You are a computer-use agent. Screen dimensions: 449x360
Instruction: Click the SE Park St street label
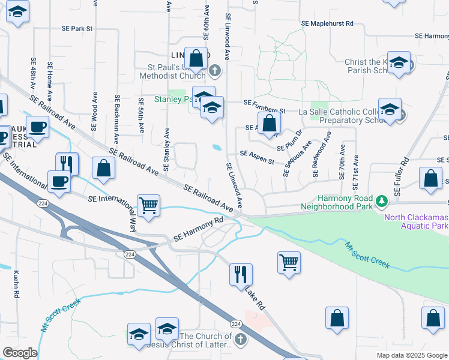(x=77, y=28)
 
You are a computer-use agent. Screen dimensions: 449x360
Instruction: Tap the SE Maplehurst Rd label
(x=328, y=23)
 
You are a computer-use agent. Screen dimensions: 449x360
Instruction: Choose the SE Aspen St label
(x=256, y=154)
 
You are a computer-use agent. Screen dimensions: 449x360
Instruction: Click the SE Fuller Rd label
(x=402, y=176)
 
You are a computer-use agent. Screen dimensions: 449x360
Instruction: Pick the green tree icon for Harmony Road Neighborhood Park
(x=381, y=199)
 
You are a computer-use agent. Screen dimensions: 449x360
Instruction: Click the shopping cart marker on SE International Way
(x=148, y=206)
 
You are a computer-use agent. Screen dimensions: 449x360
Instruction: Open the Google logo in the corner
(x=19, y=353)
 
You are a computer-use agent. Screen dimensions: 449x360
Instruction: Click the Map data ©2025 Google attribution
(x=412, y=355)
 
